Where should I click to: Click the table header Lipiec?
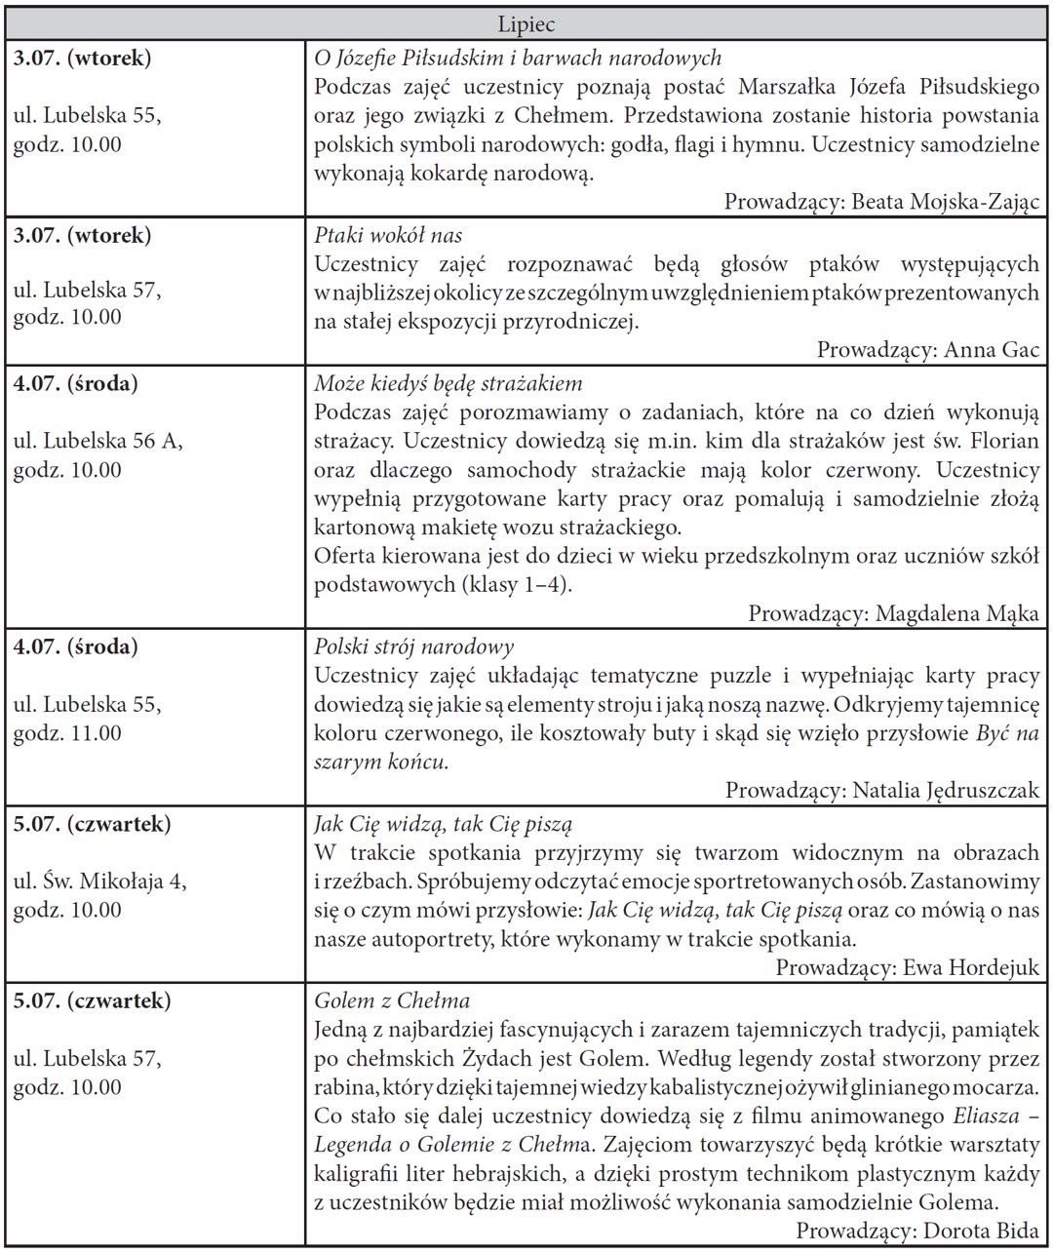[x=526, y=24]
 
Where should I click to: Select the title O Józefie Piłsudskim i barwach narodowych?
[x=518, y=59]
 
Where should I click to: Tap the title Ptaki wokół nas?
[x=388, y=235]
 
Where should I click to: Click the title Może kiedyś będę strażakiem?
[x=448, y=383]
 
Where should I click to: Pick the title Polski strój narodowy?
[x=413, y=646]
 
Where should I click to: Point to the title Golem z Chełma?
[x=392, y=1000]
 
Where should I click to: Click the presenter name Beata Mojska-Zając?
[x=946, y=202]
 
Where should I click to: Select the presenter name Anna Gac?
[x=992, y=350]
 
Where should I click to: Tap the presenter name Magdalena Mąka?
[x=957, y=613]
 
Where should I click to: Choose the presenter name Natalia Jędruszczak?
[x=946, y=790]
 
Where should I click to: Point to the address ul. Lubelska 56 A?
[x=97, y=441]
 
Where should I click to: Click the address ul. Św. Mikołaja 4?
[x=100, y=881]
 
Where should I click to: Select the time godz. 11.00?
[x=67, y=733]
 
